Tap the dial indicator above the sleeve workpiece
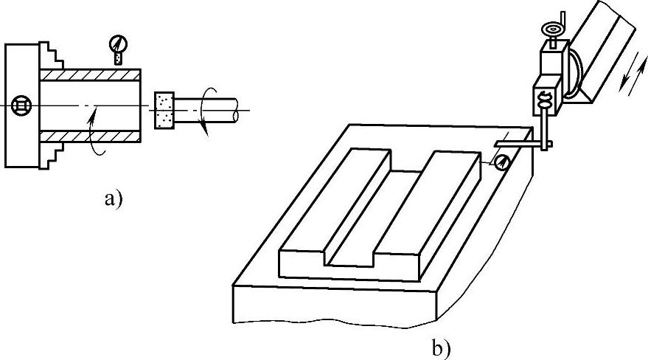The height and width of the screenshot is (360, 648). [x=116, y=45]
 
